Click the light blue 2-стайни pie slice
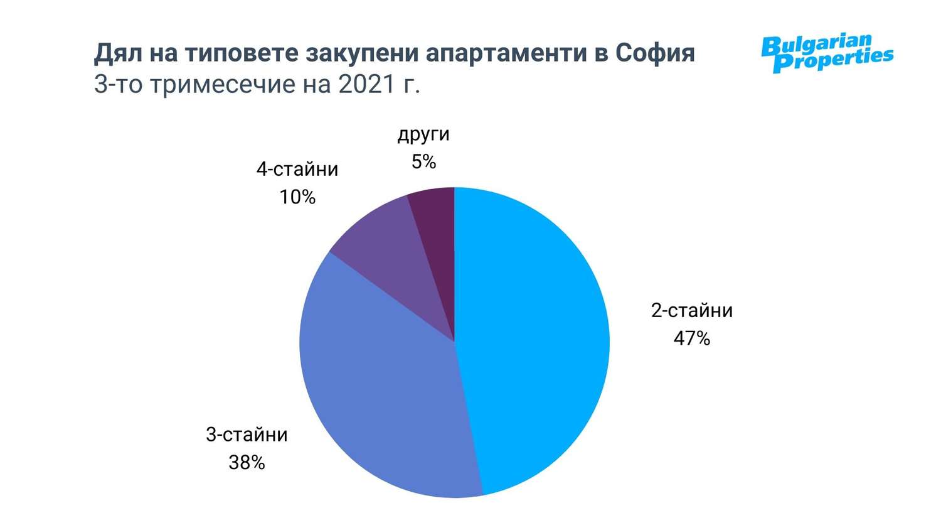click(x=533, y=339)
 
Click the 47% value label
click(x=691, y=339)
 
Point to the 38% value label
click(x=247, y=463)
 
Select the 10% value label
click(x=297, y=198)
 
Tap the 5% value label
click(x=423, y=162)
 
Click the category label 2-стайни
click(x=691, y=311)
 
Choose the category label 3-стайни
click(x=247, y=435)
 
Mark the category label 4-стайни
click(x=297, y=170)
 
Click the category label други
click(x=423, y=134)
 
